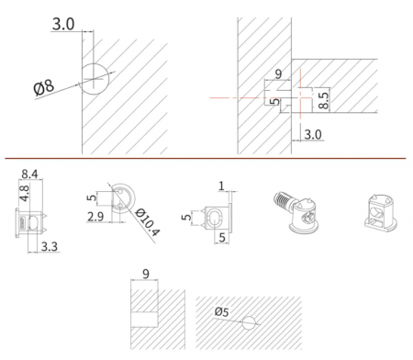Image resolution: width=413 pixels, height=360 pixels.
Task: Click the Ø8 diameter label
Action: pyautogui.click(x=44, y=87)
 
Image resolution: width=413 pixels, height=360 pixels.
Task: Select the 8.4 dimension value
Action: pyautogui.click(x=29, y=174)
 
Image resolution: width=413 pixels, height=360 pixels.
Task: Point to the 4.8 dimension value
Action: pyautogui.click(x=24, y=193)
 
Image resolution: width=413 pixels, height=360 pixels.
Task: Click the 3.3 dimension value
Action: pyautogui.click(x=50, y=246)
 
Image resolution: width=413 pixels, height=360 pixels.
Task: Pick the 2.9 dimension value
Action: pyautogui.click(x=95, y=217)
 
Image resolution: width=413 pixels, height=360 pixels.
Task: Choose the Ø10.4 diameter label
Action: pyautogui.click(x=147, y=222)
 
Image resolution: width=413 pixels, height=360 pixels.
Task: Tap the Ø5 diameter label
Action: pyautogui.click(x=221, y=312)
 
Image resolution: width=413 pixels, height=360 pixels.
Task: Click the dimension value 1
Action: pyautogui.click(x=221, y=186)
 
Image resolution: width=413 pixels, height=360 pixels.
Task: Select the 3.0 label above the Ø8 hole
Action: pyautogui.click(x=63, y=24)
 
